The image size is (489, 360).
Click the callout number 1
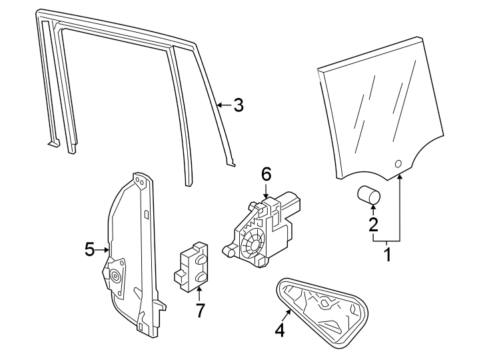386,254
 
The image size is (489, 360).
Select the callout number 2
374,225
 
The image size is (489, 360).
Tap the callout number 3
238,105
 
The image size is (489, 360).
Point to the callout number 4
280,329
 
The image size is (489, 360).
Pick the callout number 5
91,249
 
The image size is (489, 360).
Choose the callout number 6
266,175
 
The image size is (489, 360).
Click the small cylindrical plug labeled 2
368,195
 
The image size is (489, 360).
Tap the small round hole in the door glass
398,163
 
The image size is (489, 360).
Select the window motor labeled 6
264,227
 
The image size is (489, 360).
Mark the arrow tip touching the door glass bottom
400,175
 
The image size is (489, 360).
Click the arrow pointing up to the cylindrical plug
373,209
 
